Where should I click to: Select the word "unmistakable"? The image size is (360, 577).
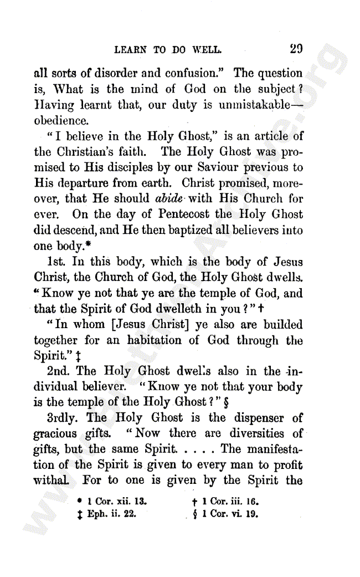point(260,105)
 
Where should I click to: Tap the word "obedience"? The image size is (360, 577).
point(61,120)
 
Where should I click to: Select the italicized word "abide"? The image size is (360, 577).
point(169,198)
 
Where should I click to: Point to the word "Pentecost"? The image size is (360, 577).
point(183,214)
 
